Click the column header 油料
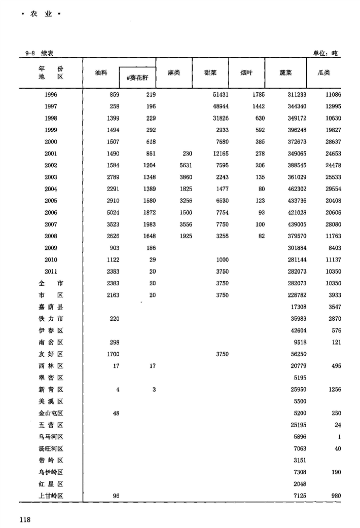[101, 73]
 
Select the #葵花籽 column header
[137, 77]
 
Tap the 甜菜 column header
[210, 73]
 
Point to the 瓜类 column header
[323, 73]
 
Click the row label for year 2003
[51, 177]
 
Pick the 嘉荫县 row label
[51, 307]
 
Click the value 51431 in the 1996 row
[220, 95]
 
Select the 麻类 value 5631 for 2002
[184, 165]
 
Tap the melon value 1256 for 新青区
[333, 390]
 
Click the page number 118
[26, 518]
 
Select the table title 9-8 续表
[40, 53]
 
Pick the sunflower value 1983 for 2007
[148, 224]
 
